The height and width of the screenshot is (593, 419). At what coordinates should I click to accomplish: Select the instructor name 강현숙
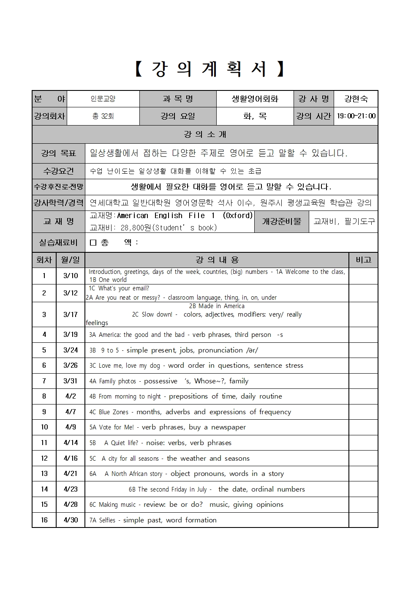point(356,99)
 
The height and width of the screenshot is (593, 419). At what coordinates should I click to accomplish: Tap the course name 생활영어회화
point(255,99)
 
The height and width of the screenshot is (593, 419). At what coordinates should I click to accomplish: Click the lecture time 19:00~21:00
point(356,116)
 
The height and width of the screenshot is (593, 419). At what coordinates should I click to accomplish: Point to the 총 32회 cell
point(103,116)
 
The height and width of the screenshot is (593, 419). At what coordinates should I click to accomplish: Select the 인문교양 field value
point(103,99)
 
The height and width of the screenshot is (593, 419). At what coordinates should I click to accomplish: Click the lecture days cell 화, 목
point(255,116)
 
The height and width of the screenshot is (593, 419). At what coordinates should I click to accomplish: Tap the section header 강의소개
point(205,134)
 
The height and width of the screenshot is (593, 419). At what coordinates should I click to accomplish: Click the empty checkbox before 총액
point(93,243)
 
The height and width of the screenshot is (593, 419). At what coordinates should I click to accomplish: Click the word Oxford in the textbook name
point(238,216)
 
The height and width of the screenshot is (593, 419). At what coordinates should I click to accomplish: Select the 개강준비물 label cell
point(281,221)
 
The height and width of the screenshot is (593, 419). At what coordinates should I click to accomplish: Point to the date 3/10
point(71,276)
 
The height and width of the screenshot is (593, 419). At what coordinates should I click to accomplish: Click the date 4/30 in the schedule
point(71,520)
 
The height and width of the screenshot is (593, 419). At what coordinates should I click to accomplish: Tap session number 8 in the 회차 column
point(44,396)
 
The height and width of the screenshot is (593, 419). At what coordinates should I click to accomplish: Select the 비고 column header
point(363,260)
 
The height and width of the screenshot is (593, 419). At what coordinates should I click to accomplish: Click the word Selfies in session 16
point(107,520)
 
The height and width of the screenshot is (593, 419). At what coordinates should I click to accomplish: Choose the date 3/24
point(71,350)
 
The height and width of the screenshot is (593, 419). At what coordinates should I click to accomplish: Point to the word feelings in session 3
point(97,323)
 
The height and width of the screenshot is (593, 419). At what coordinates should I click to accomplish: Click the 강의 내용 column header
point(217,260)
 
